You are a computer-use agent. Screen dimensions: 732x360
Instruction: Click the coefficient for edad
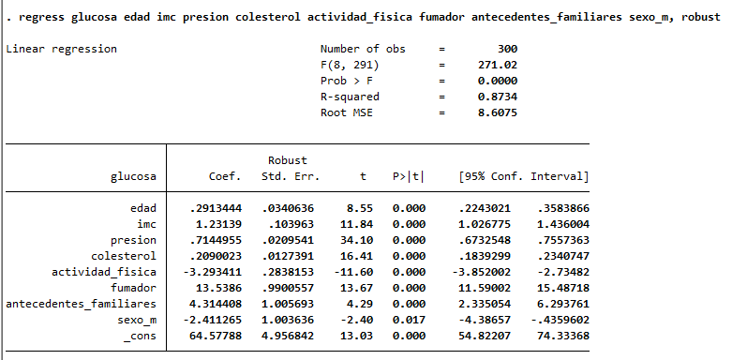click(x=216, y=208)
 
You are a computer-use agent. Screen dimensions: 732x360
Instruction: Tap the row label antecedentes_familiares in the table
click(x=81, y=305)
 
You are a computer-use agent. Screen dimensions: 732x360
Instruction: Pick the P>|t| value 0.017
click(x=409, y=320)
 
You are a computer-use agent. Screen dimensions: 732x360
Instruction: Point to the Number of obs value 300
click(x=507, y=49)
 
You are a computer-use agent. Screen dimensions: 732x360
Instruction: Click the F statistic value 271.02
click(x=498, y=65)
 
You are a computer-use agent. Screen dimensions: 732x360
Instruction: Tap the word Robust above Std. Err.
click(x=288, y=160)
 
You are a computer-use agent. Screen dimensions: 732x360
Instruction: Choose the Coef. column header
click(x=225, y=176)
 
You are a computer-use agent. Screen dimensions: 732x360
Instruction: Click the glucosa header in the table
click(x=133, y=177)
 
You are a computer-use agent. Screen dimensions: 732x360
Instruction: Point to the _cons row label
click(x=140, y=337)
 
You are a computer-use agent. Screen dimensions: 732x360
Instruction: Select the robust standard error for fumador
click(x=288, y=288)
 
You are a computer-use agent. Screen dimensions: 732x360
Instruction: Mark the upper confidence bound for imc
click(x=563, y=224)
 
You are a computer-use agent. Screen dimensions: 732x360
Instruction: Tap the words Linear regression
click(x=61, y=50)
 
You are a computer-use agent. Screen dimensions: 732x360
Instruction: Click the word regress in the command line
click(x=42, y=18)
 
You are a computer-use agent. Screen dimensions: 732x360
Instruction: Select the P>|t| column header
click(x=409, y=176)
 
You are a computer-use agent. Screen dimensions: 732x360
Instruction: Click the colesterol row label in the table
click(x=124, y=256)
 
